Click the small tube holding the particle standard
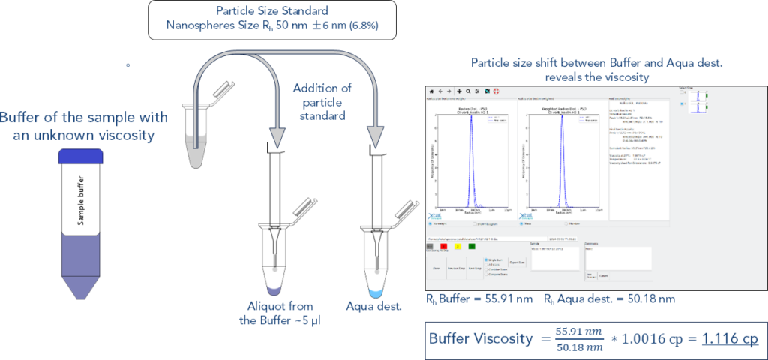pyautogui.click(x=197, y=135)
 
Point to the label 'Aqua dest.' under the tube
pyautogui.click(x=374, y=306)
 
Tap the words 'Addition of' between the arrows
pyautogui.click(x=322, y=89)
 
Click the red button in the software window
pyautogui.click(x=444, y=246)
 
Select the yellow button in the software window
pyautogui.click(x=458, y=246)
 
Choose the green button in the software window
pyautogui.click(x=472, y=246)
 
